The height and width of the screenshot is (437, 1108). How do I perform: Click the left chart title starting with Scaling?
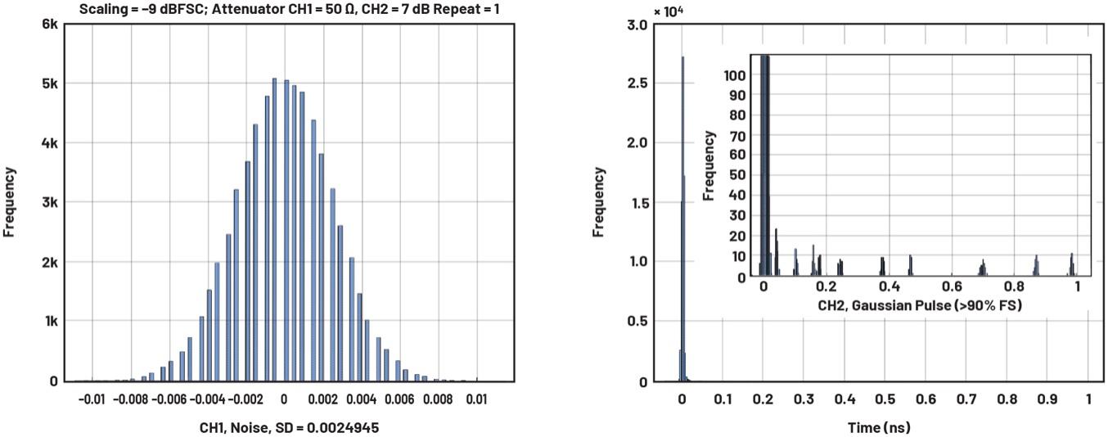point(290,9)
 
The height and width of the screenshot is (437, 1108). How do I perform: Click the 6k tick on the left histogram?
point(50,25)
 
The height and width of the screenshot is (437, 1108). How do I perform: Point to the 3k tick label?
point(50,202)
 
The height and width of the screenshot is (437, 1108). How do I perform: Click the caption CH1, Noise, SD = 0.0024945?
point(289,428)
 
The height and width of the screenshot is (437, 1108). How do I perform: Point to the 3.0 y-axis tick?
point(638,25)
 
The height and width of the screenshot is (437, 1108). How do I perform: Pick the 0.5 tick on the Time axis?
point(885,399)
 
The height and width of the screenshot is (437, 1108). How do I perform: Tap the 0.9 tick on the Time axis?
point(1047,399)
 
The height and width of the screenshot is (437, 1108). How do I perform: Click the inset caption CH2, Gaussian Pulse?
point(920,305)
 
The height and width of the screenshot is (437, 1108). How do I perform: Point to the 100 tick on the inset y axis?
point(736,75)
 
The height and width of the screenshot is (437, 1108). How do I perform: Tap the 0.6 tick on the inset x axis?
point(952,287)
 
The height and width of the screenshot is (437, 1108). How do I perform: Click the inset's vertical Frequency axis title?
point(709,165)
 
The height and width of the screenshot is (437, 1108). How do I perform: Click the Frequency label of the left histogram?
point(10,202)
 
